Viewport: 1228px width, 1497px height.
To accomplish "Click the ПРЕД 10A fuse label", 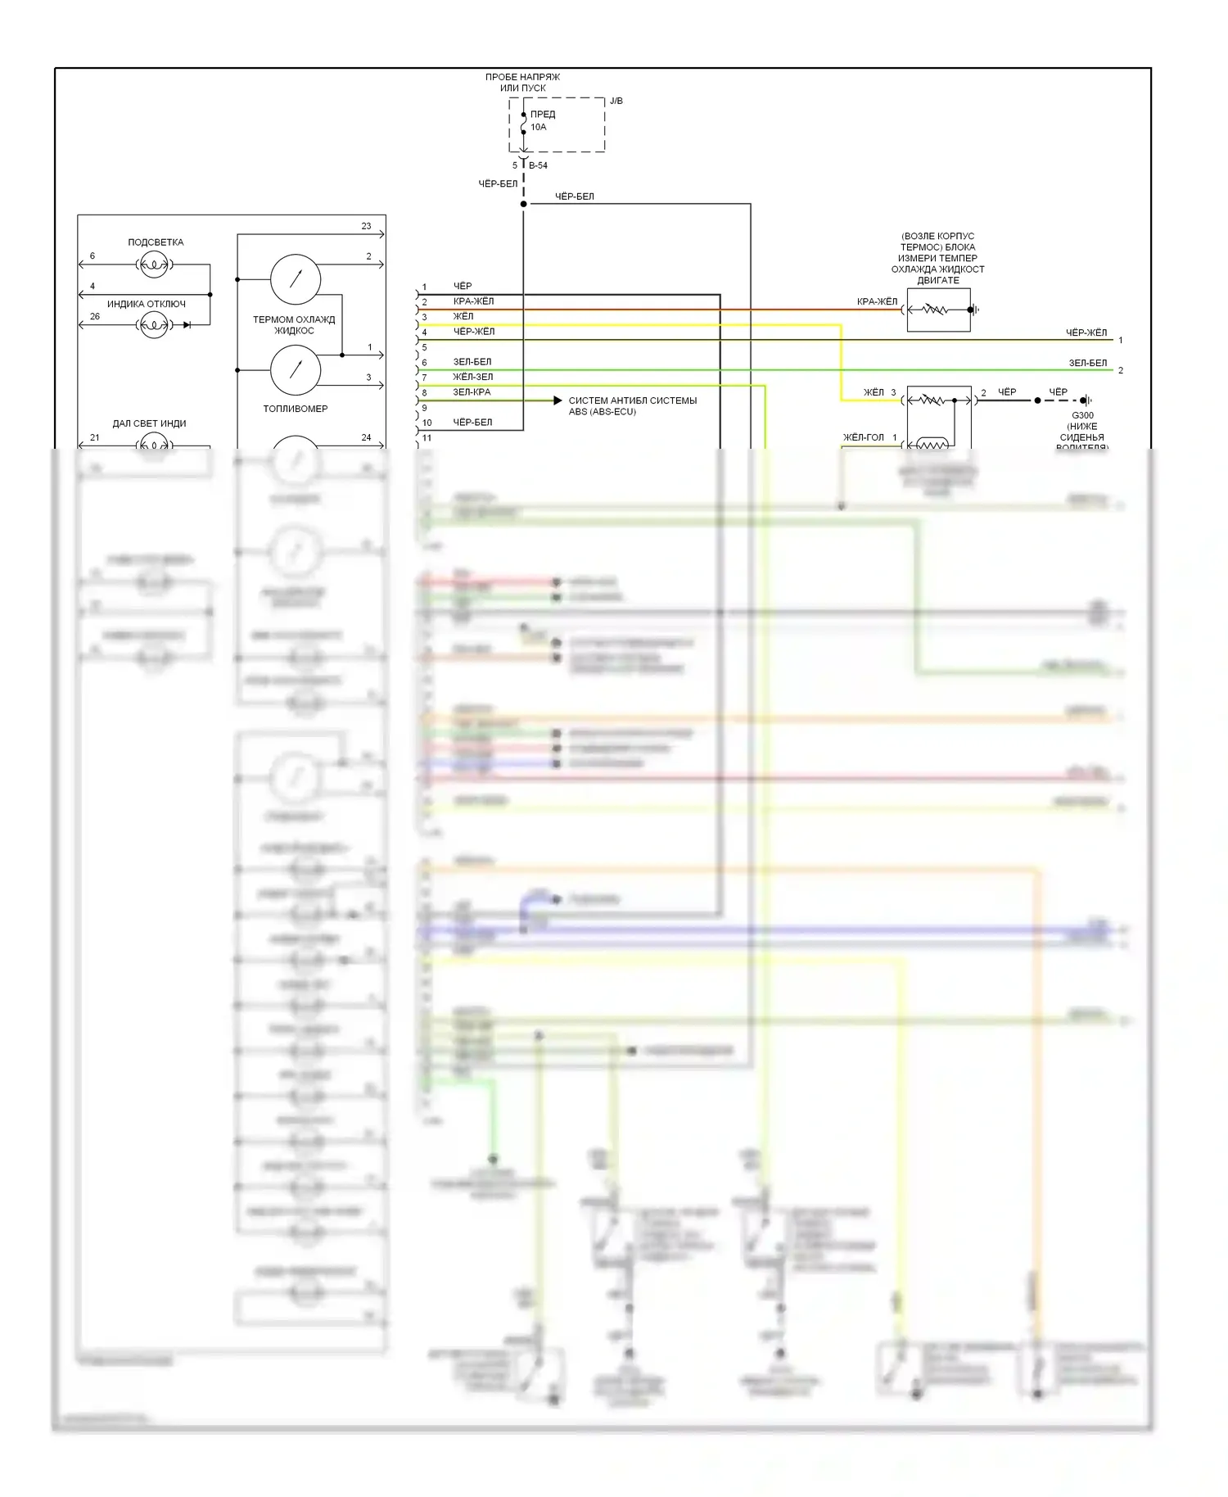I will point(541,120).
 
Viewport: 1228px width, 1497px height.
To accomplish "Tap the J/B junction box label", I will point(616,101).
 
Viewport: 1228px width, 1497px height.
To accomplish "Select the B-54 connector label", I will point(538,165).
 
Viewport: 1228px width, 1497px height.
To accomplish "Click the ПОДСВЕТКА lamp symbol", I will point(154,265).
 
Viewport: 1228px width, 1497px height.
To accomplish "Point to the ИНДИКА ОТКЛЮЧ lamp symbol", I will point(154,325).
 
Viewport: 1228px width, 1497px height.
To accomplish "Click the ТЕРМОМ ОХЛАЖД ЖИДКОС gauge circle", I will point(296,279).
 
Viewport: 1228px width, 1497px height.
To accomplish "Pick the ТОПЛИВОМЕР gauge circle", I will point(296,370).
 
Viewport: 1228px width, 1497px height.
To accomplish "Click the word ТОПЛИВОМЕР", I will point(295,409).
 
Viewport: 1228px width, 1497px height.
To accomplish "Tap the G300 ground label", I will point(1082,415).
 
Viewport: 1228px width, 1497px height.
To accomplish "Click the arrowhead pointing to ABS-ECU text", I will point(558,400).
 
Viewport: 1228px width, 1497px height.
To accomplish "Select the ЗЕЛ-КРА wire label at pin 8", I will point(472,392).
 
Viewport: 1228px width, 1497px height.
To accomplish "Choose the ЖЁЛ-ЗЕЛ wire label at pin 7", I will point(472,377).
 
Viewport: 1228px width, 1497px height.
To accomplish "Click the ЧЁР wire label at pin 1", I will point(463,286).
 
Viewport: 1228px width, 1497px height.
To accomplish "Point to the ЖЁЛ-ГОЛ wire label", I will point(864,437).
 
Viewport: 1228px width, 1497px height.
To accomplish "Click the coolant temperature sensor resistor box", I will point(938,310).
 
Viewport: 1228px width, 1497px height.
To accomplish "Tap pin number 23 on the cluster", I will point(366,226).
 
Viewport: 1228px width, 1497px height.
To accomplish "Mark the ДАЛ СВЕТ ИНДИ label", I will point(149,423).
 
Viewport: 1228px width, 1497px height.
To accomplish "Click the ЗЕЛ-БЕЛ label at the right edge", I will point(1087,363).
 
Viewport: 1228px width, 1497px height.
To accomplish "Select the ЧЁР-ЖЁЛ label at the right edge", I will point(1086,332).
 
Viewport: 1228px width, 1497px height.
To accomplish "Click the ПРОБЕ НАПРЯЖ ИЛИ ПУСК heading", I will point(522,82).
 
